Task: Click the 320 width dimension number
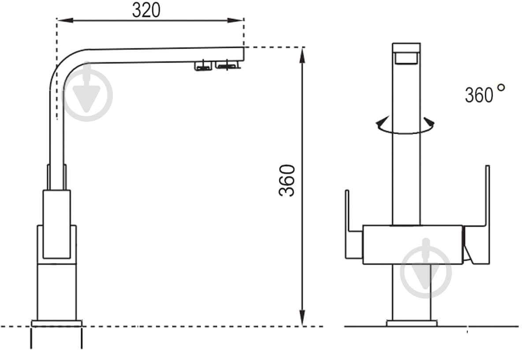(146, 10)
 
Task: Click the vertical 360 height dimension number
(287, 180)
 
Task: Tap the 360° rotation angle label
(485, 94)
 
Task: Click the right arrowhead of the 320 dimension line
(236, 20)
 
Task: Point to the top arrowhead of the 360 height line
(302, 55)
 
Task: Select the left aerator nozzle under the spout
(203, 66)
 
